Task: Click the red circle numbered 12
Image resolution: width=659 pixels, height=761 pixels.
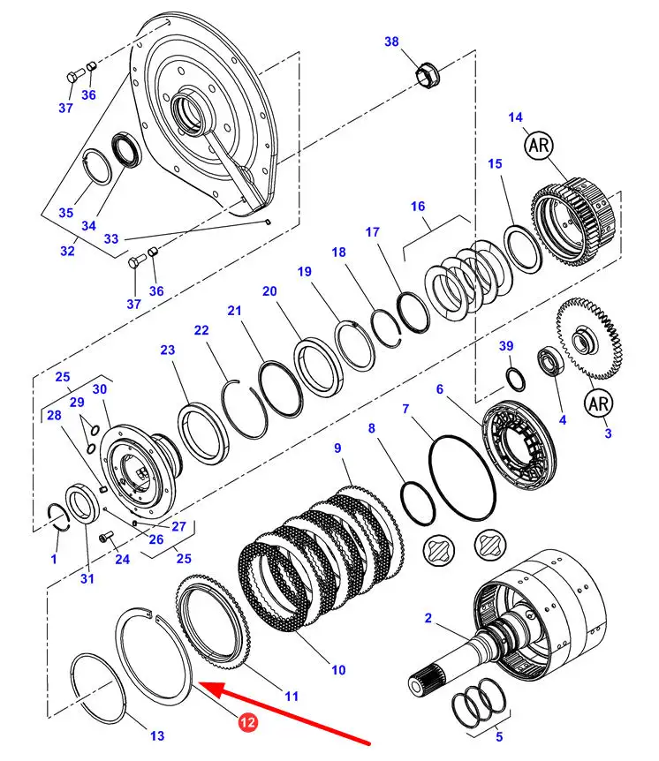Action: tap(247, 722)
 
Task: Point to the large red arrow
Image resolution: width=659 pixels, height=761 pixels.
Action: tap(292, 712)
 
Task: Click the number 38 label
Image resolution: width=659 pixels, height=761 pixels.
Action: tap(391, 41)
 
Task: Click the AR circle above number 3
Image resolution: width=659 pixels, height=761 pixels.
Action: tap(598, 403)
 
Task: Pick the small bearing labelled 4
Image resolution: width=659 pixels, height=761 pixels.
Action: tap(551, 362)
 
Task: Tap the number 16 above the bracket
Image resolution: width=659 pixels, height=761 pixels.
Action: tap(418, 207)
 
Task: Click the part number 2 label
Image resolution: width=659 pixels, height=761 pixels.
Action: tap(428, 619)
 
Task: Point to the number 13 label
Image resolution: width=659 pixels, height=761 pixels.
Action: tap(156, 735)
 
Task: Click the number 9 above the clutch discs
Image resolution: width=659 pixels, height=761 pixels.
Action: tap(337, 448)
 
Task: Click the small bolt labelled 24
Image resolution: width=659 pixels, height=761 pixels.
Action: tap(106, 536)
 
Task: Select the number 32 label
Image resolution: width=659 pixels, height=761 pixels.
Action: tap(67, 250)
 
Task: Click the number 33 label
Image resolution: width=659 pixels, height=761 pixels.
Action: tap(110, 238)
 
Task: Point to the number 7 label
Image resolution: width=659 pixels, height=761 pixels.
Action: tap(405, 409)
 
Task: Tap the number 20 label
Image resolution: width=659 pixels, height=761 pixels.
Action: tap(269, 290)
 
